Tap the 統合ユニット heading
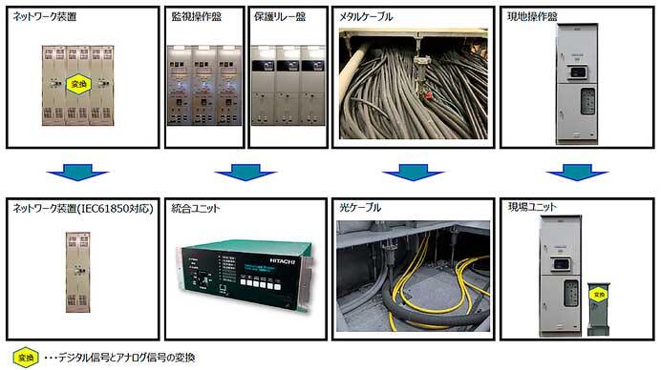(196, 207)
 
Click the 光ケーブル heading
(360, 207)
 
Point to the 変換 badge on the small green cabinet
(599, 297)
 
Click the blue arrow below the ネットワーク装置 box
(79, 174)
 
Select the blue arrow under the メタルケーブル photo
(405, 174)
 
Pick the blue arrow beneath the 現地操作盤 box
(570, 174)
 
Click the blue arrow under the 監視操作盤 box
(239, 174)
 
